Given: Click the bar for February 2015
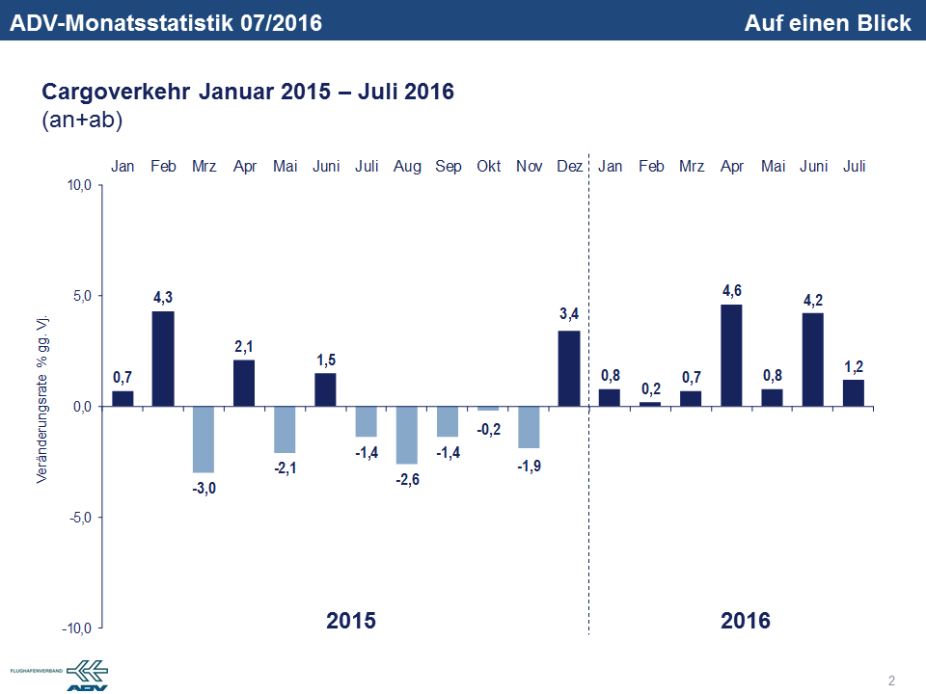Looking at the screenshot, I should point(163,358).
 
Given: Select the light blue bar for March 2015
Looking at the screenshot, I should point(204,439).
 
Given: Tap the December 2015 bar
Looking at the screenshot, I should point(569,368).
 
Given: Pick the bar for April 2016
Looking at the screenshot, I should point(731,355).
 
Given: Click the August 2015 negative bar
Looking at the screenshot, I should point(407,435).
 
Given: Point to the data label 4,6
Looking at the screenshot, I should point(731,291).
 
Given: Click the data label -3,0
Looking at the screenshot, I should point(204,489).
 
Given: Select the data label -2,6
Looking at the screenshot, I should point(407,479).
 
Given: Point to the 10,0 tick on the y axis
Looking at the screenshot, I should point(76,185).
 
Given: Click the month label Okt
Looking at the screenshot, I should point(488,167).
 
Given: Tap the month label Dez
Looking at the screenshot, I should point(569,167).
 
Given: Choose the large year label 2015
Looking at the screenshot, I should point(351,620).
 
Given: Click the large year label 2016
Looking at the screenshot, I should point(746,620).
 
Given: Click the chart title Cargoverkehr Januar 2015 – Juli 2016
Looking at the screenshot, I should point(248,92).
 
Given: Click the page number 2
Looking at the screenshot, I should point(891,681).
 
